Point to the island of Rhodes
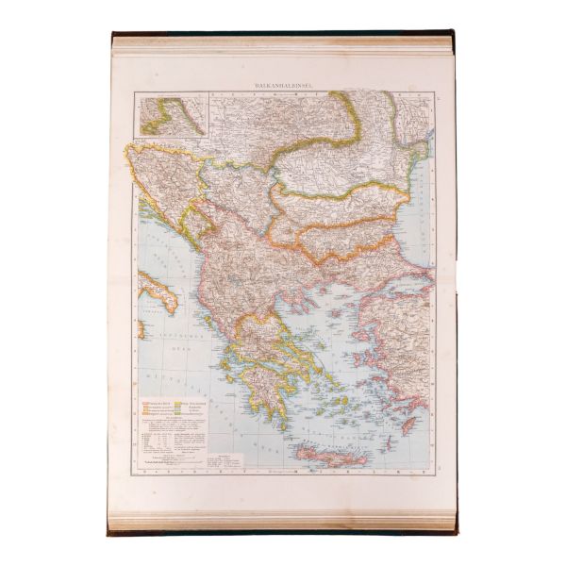pos(409,425)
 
